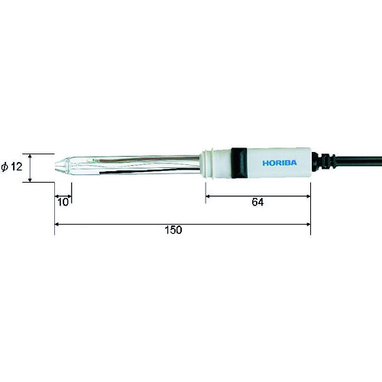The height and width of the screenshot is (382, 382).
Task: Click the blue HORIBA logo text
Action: [x=280, y=163]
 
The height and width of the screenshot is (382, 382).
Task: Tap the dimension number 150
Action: [x=173, y=230]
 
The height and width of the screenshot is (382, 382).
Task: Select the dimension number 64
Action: [x=257, y=202]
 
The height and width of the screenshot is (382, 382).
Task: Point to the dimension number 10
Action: [x=63, y=202]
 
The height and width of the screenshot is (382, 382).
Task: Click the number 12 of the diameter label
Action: [x=17, y=167]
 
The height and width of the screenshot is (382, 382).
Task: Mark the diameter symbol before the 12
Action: [x=5, y=167]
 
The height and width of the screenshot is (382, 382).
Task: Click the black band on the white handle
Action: [x=239, y=163]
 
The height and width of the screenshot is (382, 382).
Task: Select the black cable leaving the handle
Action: [x=358, y=162]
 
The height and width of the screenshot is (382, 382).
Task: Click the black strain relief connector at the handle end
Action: [x=322, y=161]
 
